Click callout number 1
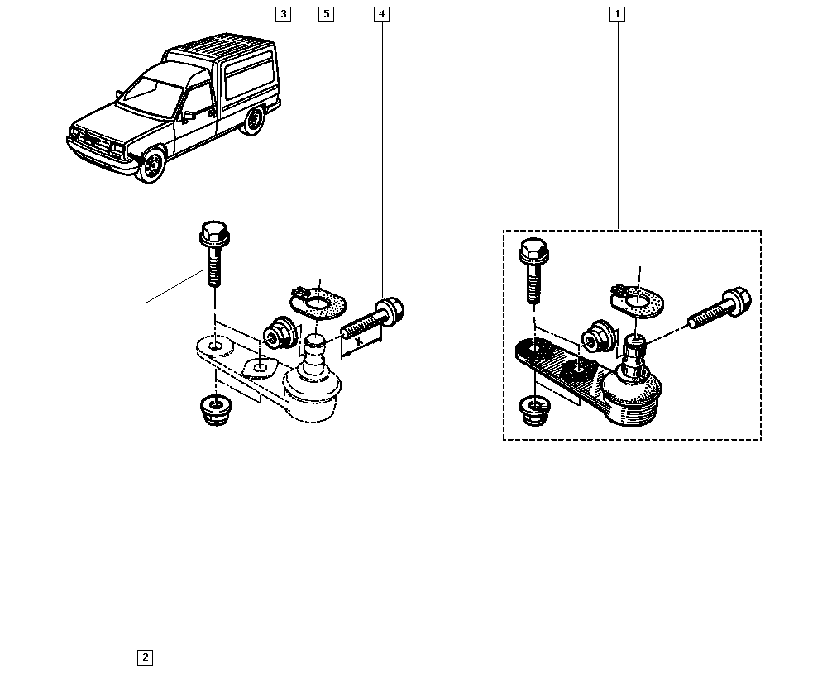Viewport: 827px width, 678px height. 616,14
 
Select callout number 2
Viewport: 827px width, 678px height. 145,657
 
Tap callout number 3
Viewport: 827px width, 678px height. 284,14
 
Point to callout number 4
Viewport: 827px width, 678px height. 381,14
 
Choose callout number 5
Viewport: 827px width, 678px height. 326,14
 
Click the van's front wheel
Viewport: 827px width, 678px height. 152,165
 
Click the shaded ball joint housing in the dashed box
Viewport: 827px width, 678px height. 633,394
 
